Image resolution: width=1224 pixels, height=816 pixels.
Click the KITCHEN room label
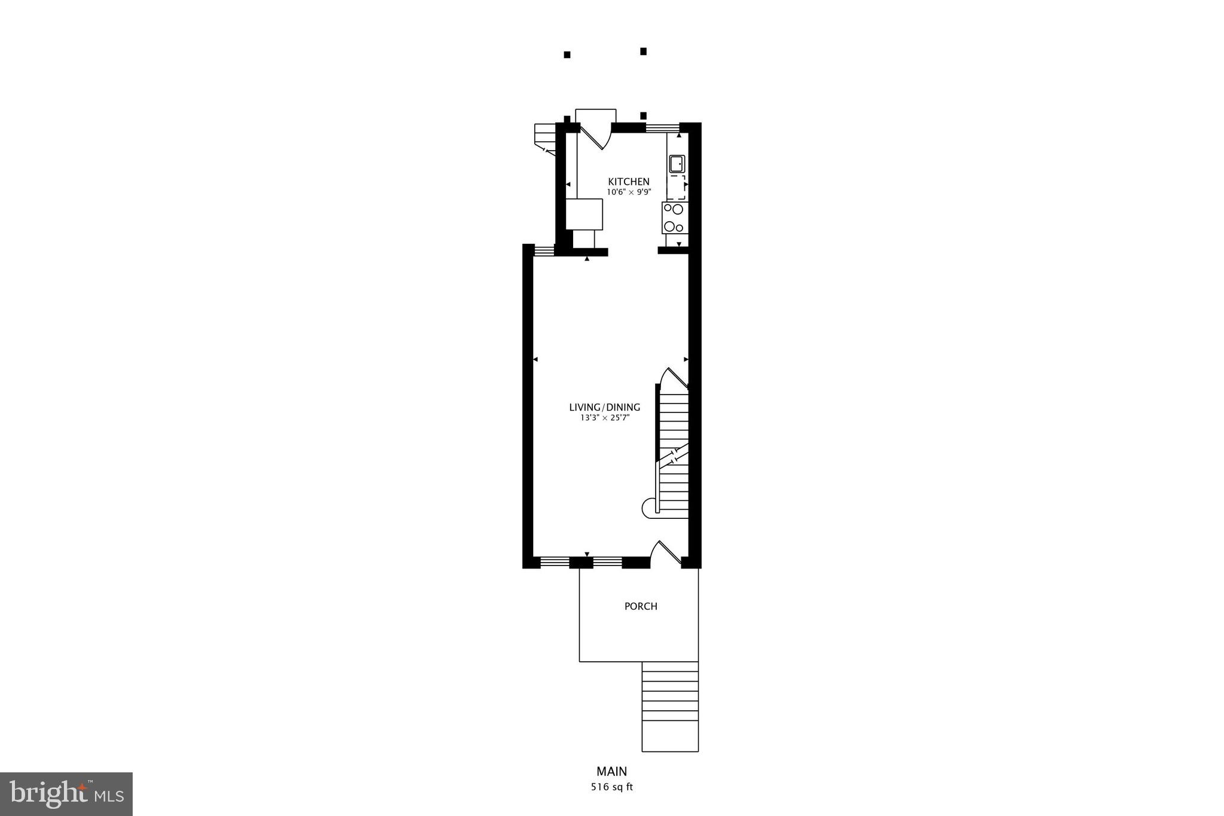point(629,182)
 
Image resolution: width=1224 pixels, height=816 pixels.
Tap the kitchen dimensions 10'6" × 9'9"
point(629,192)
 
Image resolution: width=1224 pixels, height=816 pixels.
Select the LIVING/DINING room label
point(604,407)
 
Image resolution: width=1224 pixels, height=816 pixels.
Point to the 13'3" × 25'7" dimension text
point(605,418)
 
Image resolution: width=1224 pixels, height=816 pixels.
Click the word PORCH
point(641,606)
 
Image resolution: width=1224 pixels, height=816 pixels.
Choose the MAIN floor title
point(611,772)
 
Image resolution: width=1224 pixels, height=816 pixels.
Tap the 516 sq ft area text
point(611,787)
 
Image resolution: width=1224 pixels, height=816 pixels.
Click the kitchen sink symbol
point(677,164)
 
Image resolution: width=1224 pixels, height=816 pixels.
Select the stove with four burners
point(675,218)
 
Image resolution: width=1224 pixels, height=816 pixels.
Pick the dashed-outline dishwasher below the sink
point(677,187)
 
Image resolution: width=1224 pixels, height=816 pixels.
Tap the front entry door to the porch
point(666,554)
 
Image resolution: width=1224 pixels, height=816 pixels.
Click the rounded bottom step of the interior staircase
point(649,509)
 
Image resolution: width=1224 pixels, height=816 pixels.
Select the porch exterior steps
point(670,706)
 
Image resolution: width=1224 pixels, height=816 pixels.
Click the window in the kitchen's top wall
point(663,127)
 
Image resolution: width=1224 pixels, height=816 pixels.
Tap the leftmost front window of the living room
point(554,562)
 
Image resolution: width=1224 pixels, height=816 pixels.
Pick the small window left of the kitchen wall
point(544,250)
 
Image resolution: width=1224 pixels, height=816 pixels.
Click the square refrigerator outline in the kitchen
point(584,214)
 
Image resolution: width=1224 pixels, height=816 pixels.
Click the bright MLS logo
point(66,794)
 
